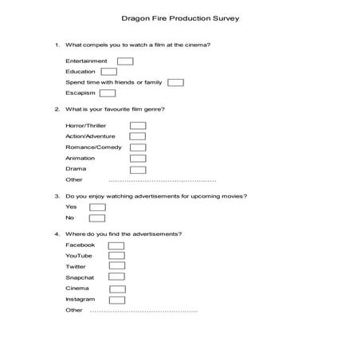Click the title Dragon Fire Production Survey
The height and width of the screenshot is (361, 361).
pos(180,16)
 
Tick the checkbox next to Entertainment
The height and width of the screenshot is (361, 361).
pos(125,61)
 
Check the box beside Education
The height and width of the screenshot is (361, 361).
pos(108,72)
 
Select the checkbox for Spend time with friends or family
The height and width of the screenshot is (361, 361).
pos(176,82)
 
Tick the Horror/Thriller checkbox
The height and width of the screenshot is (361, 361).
pos(138,125)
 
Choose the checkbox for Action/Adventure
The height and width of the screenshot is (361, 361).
pos(138,136)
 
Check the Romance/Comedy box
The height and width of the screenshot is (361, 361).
pos(138,147)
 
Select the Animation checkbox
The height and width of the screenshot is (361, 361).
pos(138,159)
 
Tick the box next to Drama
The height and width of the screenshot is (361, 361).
pos(138,169)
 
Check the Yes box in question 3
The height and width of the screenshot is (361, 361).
pos(97,207)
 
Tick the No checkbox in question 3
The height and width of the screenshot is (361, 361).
pos(97,218)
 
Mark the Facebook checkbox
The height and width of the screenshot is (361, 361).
pos(116,245)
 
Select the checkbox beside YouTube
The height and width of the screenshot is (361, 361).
pos(116,256)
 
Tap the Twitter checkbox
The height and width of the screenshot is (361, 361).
pos(116,267)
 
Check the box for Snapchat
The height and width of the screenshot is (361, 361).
pos(116,277)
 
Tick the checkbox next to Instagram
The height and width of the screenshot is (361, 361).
pos(116,300)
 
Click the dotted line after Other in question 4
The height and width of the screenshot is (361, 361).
pos(143,311)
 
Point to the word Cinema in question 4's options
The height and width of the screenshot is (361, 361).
pos(77,288)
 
